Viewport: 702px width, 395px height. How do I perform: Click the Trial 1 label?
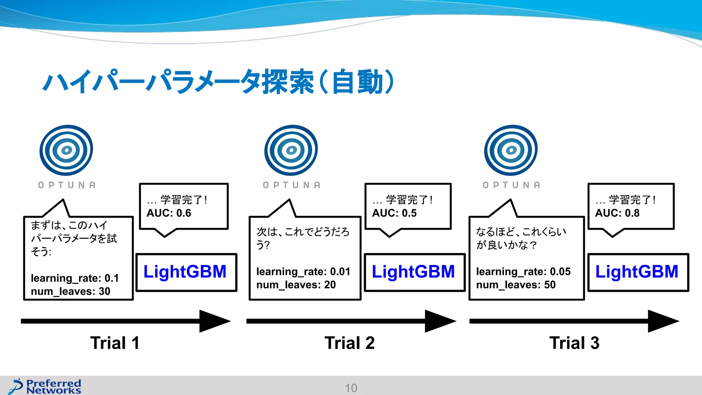[115, 343]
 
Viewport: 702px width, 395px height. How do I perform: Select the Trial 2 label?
[350, 343]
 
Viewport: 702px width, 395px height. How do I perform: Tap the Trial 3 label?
[574, 343]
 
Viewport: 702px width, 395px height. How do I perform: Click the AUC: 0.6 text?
[169, 213]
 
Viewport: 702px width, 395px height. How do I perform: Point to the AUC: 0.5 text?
[394, 213]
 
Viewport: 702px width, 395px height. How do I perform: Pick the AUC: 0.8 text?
[617, 213]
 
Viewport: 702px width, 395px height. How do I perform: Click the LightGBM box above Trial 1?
[186, 272]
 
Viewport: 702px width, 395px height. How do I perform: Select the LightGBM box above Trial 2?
[414, 272]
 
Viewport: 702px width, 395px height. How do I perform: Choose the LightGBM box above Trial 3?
[638, 272]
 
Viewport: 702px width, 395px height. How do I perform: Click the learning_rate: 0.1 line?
[75, 278]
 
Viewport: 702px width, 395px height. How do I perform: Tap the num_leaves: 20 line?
[296, 285]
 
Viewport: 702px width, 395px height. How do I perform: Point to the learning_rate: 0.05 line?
[523, 272]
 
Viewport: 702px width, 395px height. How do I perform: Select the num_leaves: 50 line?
[516, 285]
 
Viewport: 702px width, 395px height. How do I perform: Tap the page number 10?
[351, 388]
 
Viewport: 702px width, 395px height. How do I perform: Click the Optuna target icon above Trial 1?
[66, 150]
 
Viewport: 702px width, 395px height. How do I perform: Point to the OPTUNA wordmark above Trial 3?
[511, 185]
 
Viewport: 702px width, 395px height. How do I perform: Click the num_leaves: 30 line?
[70, 291]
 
